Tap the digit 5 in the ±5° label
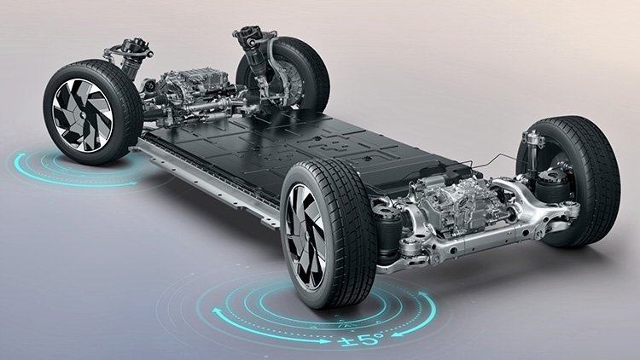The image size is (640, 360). click(x=365, y=339)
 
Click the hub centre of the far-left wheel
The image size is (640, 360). click(x=81, y=115)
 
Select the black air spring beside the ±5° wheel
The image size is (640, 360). click(x=388, y=237)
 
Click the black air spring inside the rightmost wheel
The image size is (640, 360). click(x=553, y=186)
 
